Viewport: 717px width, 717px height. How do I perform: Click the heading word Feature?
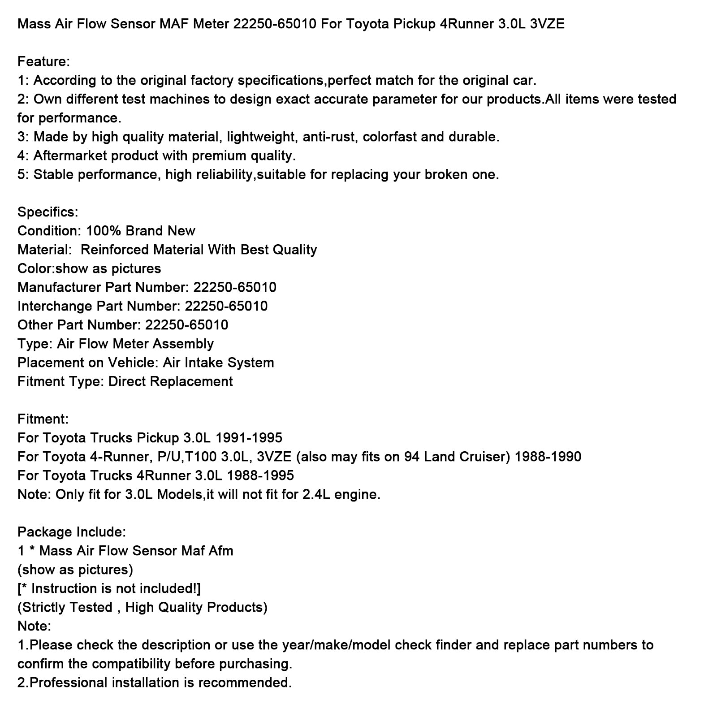(43, 61)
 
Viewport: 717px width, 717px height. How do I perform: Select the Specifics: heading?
(48, 212)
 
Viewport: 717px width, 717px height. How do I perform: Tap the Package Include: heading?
(72, 532)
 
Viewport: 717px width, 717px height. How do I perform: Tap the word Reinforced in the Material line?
(114, 250)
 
